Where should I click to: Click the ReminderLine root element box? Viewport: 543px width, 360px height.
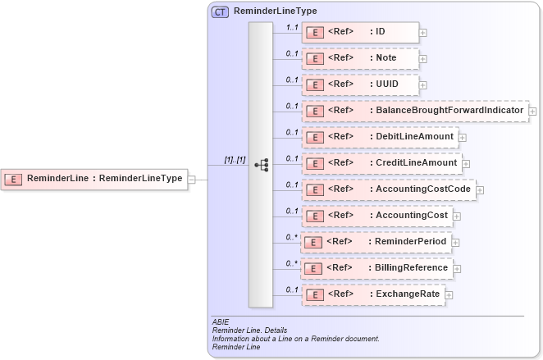point(94,178)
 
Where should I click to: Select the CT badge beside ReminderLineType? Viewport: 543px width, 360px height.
point(221,12)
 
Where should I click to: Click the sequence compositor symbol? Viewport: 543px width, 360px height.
point(261,165)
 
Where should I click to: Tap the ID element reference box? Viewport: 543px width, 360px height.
point(360,32)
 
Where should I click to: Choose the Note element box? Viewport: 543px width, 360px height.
point(360,58)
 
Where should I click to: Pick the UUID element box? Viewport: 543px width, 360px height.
point(360,84)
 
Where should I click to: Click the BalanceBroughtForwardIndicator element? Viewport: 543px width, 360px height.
point(414,111)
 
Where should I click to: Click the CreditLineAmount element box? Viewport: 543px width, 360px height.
point(381,163)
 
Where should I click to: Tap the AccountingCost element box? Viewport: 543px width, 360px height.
point(376,216)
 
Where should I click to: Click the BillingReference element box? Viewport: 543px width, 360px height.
point(376,267)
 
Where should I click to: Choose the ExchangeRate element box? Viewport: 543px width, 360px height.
point(372,294)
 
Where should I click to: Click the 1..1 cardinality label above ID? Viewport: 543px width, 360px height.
point(291,27)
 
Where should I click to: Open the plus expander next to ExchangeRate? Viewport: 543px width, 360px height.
point(449,294)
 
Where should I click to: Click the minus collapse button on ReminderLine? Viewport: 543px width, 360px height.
point(191,178)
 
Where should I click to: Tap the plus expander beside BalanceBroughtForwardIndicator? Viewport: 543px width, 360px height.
point(532,111)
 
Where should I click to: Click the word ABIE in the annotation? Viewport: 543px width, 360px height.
point(220,322)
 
